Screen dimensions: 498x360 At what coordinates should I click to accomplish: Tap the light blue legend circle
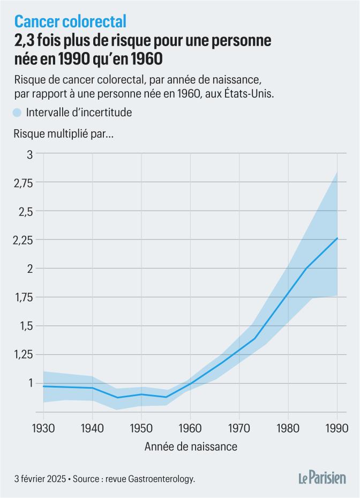(x=17, y=113)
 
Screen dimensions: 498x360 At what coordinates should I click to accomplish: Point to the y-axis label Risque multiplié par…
(x=63, y=135)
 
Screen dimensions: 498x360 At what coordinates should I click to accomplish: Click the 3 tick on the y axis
(x=29, y=154)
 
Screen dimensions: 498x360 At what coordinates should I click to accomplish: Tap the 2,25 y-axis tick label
(x=22, y=240)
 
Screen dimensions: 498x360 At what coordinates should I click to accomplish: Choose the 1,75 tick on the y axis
(x=22, y=297)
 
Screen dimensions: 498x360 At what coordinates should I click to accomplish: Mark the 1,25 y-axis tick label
(x=22, y=354)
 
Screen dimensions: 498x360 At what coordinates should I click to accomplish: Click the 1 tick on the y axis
(x=30, y=383)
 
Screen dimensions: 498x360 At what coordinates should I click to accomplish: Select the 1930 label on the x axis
(x=43, y=428)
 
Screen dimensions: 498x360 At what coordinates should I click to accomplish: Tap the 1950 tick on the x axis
(x=141, y=428)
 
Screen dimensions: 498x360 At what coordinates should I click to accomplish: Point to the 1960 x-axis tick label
(x=190, y=428)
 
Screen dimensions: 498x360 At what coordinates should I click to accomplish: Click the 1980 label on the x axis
(x=288, y=428)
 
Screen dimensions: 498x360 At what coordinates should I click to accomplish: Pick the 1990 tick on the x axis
(x=337, y=428)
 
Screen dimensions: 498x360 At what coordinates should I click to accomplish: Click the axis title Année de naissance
(x=190, y=446)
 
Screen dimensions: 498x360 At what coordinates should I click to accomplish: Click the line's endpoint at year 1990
(x=337, y=238)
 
